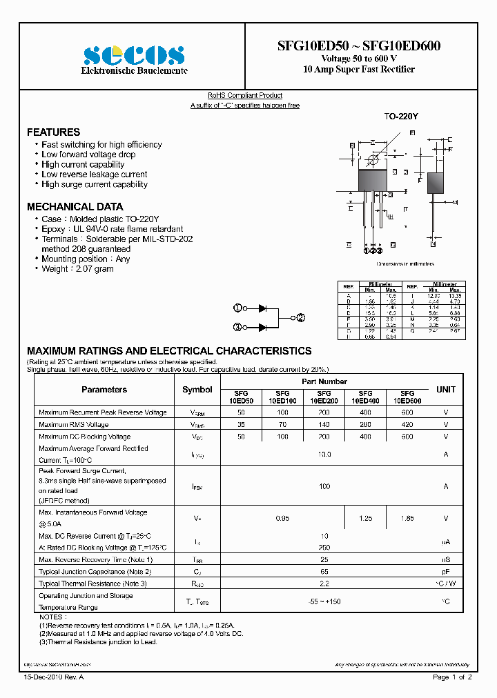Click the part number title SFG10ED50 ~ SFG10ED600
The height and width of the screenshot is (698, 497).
pyautogui.click(x=359, y=46)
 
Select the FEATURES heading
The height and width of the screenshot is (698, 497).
pyautogui.click(x=53, y=132)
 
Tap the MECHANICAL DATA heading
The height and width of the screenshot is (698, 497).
pyautogui.click(x=75, y=206)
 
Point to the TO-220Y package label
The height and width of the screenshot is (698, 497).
pyautogui.click(x=401, y=117)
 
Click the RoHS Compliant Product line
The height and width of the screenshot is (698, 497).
pyautogui.click(x=245, y=95)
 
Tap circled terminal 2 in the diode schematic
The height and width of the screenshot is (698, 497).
pyautogui.click(x=300, y=318)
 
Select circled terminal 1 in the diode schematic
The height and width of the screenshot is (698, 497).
pyautogui.click(x=237, y=308)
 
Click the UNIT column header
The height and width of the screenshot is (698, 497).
pyautogui.click(x=446, y=390)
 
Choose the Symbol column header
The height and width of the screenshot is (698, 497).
pyautogui.click(x=197, y=390)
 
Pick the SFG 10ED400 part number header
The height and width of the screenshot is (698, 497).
pyautogui.click(x=365, y=396)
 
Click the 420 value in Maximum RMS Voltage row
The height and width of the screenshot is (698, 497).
pyautogui.click(x=407, y=425)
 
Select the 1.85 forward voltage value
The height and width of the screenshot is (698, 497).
pyautogui.click(x=407, y=518)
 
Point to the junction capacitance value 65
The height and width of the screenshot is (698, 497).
pyautogui.click(x=324, y=571)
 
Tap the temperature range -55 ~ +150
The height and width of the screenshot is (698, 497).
pyautogui.click(x=324, y=601)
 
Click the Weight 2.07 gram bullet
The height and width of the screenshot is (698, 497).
pyautogui.click(x=77, y=269)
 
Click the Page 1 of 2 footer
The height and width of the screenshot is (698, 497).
pyautogui.click(x=452, y=677)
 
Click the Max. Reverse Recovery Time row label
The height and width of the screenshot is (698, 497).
pyautogui.click(x=95, y=559)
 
